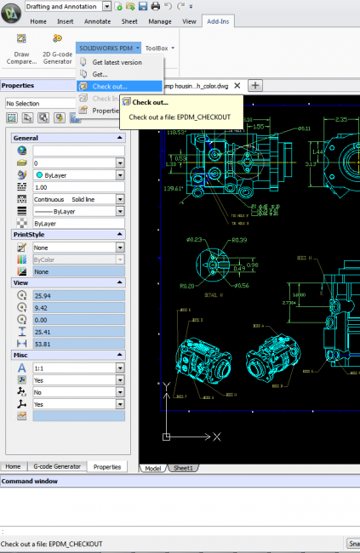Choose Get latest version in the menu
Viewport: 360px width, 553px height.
coord(117,62)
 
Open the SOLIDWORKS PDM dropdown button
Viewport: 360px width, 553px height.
coord(106,48)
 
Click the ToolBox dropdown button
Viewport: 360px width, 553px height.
coord(159,48)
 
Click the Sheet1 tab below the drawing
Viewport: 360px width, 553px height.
coord(184,468)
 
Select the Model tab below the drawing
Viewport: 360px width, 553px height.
coord(153,468)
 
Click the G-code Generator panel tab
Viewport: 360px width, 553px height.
coord(57,467)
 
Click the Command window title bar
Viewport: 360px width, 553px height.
coord(180,481)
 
